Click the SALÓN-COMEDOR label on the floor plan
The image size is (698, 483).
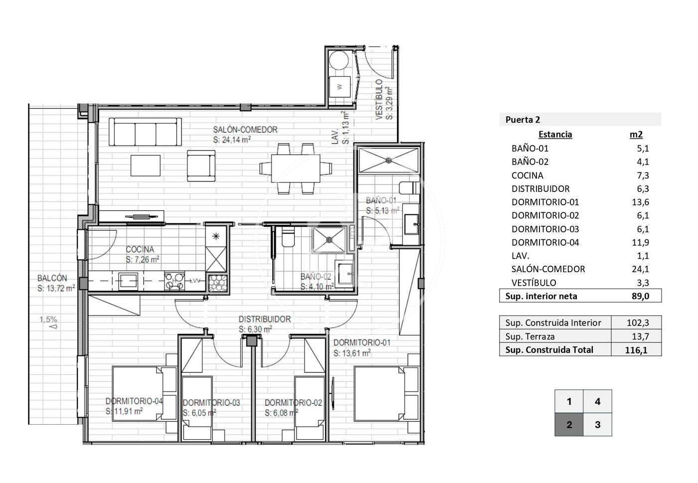click(245, 130)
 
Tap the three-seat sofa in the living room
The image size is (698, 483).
click(145, 132)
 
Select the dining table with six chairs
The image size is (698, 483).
click(295, 168)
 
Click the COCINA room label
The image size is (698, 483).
click(140, 249)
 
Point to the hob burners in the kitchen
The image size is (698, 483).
click(174, 281)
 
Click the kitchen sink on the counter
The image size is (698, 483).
click(128, 281)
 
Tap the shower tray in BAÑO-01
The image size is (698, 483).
click(388, 161)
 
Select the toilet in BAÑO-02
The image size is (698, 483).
click(288, 237)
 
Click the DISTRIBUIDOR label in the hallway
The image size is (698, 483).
click(265, 319)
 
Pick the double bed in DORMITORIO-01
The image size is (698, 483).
click(386, 394)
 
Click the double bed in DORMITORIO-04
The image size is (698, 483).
click(145, 394)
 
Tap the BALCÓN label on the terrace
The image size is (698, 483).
click(52, 278)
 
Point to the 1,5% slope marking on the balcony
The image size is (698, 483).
click(48, 320)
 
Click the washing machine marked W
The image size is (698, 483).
click(340, 86)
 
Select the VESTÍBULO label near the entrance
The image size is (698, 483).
click(379, 99)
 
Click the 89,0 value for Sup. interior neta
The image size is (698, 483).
click(640, 296)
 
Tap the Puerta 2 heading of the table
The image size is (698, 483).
click(523, 120)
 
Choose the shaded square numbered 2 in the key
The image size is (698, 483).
click(569, 424)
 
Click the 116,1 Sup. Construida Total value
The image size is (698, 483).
click(636, 350)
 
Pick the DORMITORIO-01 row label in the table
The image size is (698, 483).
click(545, 202)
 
